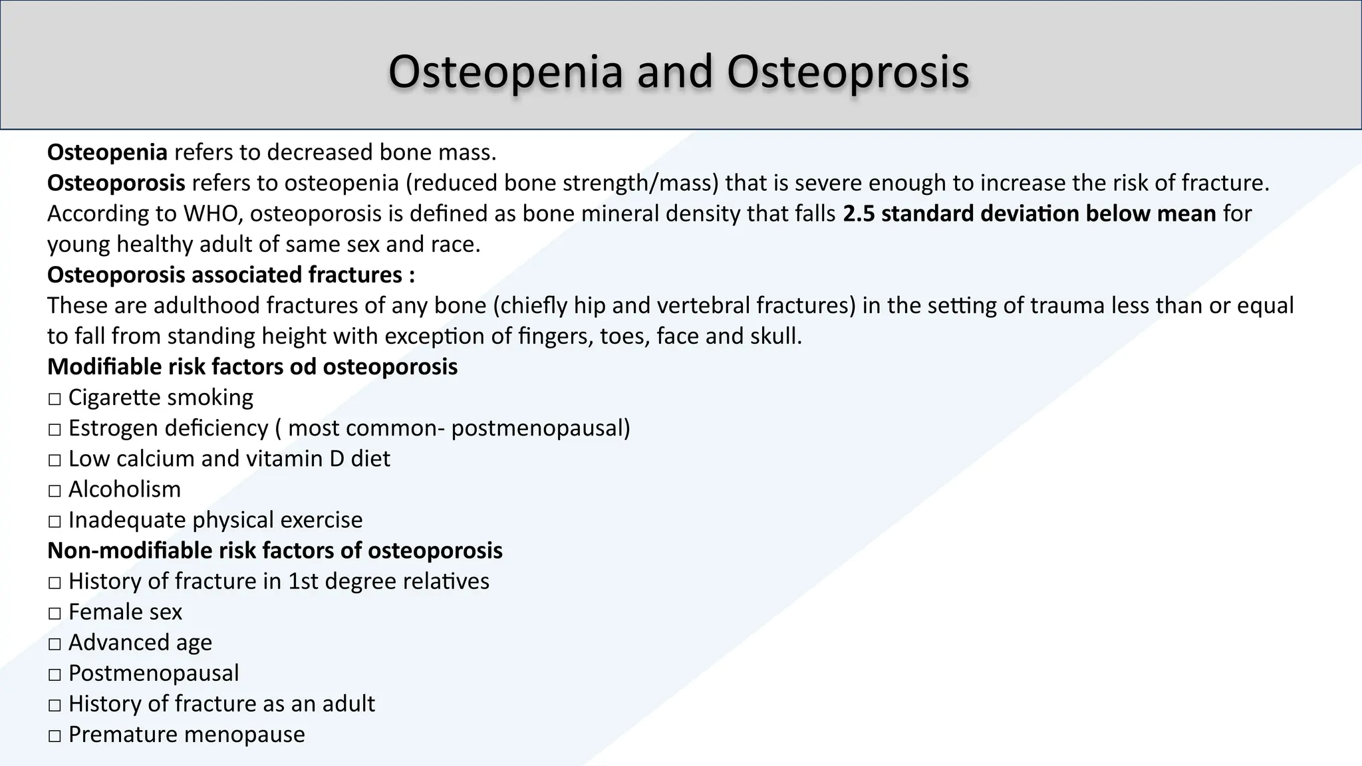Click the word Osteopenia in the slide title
click(x=505, y=71)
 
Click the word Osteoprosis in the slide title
click(x=848, y=71)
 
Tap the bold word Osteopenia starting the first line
click(x=107, y=152)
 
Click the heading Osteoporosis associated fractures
click(x=231, y=275)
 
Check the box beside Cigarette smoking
click(x=55, y=398)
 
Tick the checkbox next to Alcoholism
click(x=55, y=490)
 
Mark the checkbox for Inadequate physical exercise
click(x=55, y=521)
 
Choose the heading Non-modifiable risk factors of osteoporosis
click(x=275, y=550)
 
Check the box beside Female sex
click(x=55, y=612)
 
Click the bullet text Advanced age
click(x=140, y=642)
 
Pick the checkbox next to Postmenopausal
click(x=55, y=674)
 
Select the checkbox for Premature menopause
click(x=55, y=735)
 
